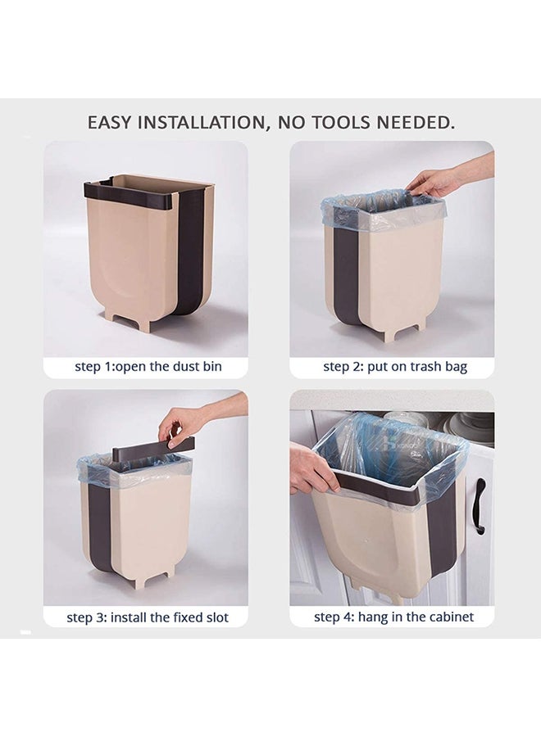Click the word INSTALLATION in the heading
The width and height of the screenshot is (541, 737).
tap(203, 123)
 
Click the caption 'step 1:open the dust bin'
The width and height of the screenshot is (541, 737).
tap(148, 367)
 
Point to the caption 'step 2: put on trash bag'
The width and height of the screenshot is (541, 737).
tap(395, 367)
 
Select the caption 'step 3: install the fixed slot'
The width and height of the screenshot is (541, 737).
tap(148, 617)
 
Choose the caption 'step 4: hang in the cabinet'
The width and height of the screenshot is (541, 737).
tap(393, 617)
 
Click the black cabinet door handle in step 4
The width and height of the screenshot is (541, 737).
tap(480, 506)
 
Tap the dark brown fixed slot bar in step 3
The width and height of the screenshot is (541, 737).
tap(153, 447)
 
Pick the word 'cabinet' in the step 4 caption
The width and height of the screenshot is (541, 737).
tap(451, 617)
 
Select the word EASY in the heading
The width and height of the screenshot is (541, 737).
tap(110, 123)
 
